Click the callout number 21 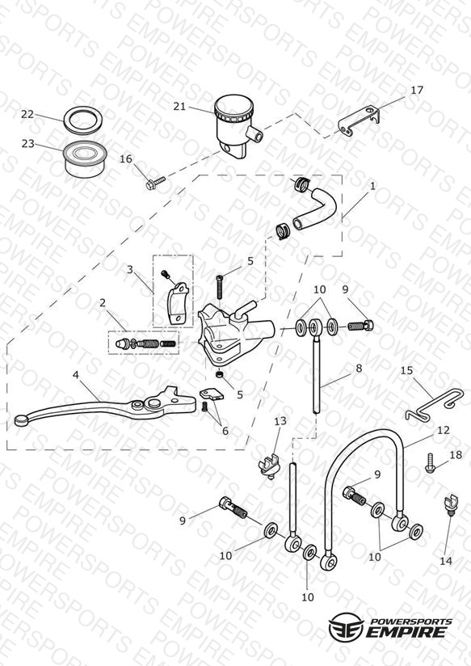[x=179, y=106]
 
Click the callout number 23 [x=27, y=144]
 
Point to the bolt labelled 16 [x=155, y=183]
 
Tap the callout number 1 [x=372, y=186]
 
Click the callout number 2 [x=103, y=303]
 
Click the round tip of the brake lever [x=21, y=420]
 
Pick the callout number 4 [x=76, y=375]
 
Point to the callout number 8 [x=359, y=368]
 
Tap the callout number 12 [x=443, y=430]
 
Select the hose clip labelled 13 [x=269, y=465]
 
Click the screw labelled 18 [x=431, y=463]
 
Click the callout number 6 [x=225, y=431]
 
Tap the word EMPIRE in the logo [x=406, y=631]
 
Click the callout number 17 [x=417, y=90]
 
